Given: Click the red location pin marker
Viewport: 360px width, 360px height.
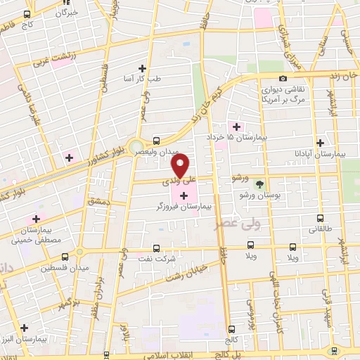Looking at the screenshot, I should (181, 166).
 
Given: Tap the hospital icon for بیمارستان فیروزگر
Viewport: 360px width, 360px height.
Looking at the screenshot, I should (184, 195).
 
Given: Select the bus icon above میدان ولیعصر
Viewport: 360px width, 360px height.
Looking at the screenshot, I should (155, 140).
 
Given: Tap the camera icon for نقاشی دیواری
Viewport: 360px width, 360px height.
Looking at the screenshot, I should (283, 79).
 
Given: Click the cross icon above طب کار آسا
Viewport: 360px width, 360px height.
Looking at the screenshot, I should (143, 68).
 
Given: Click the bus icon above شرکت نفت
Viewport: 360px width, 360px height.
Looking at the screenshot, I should (155, 247).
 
